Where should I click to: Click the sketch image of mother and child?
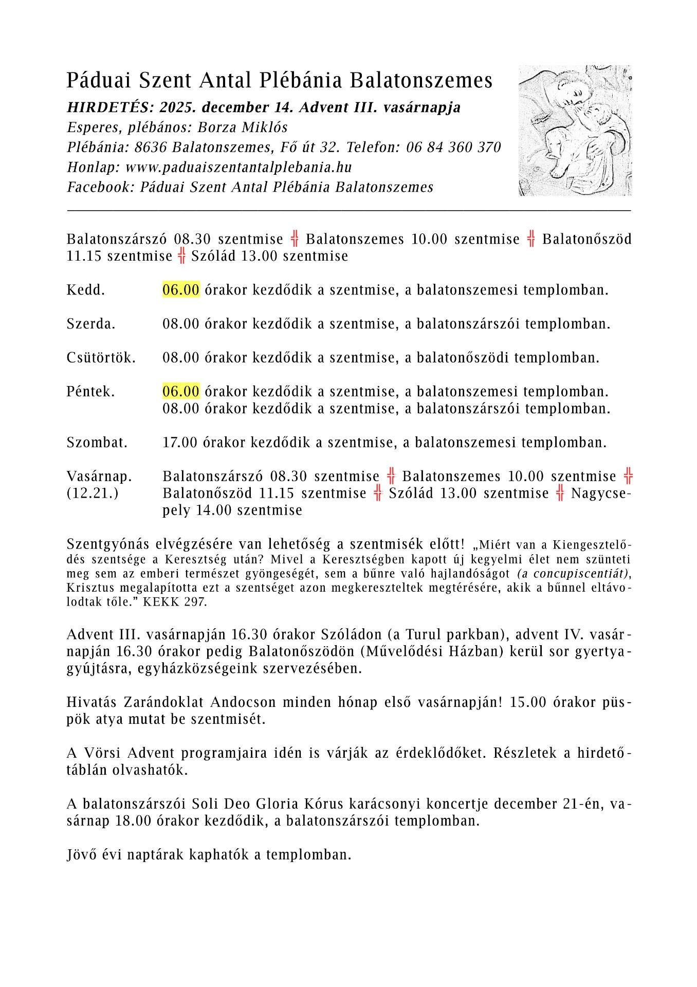575,130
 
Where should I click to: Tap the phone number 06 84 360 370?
453,148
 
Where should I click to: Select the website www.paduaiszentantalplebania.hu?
239,168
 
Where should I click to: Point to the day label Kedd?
85,290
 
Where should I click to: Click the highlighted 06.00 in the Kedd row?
181,290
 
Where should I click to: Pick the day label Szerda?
91,324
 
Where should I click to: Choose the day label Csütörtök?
101,358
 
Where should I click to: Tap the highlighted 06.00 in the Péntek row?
181,392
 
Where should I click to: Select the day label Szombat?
97,443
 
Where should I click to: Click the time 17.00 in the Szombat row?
180,443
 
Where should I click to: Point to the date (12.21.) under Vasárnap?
93,493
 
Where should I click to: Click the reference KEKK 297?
175,602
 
